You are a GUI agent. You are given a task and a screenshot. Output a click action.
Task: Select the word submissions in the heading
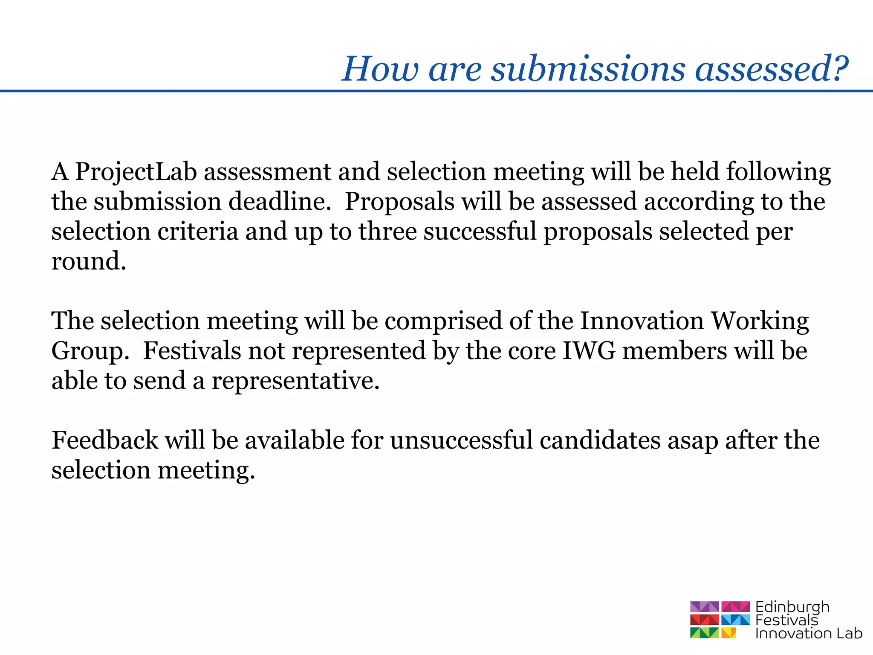(588, 69)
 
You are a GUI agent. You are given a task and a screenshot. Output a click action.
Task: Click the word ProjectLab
(136, 173)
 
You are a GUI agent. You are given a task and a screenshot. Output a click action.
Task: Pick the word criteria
(198, 232)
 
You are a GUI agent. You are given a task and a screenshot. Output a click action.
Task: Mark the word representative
(295, 382)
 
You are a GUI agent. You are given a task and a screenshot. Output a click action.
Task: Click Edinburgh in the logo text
(792, 607)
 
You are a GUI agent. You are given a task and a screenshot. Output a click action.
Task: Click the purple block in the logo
(704, 606)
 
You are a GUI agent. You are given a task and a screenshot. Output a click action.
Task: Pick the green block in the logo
(704, 633)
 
